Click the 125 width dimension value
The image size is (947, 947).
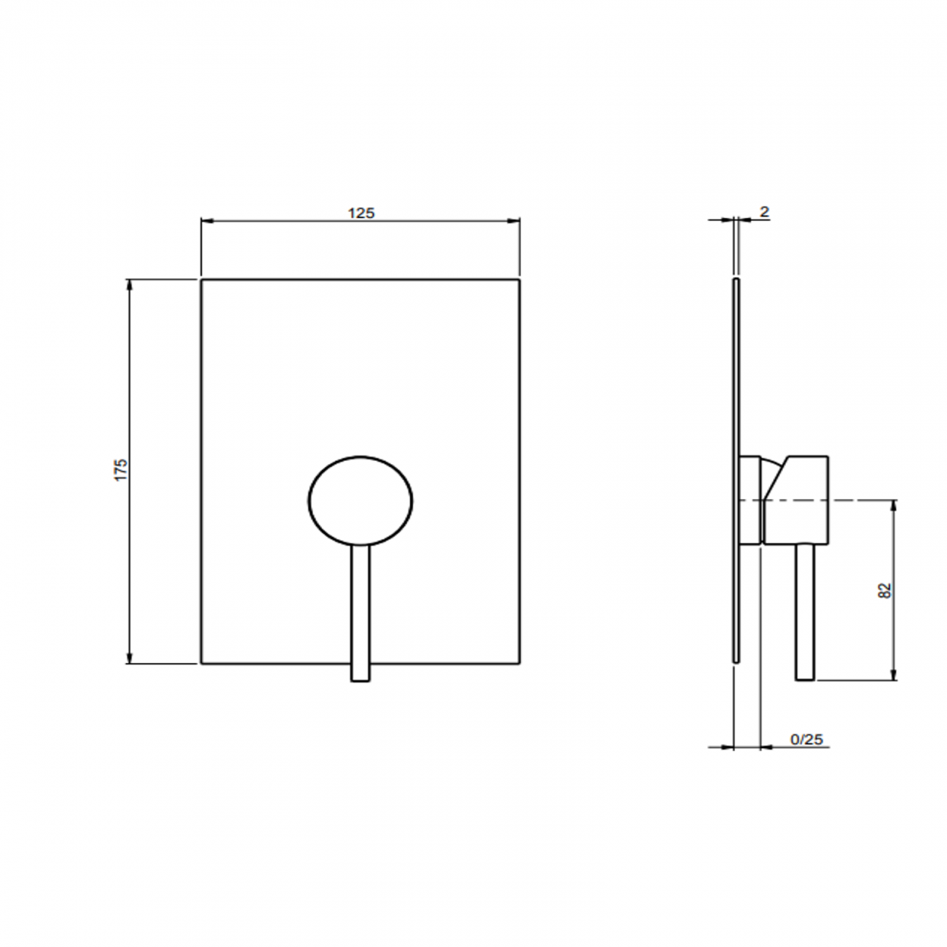[x=361, y=213]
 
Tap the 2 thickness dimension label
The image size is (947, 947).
[x=764, y=212]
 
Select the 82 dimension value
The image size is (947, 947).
[x=885, y=591]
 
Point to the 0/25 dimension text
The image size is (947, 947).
[x=806, y=739]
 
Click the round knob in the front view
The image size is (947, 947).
[x=361, y=501]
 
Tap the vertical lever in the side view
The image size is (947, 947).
[x=805, y=612]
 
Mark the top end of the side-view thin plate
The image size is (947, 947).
[x=736, y=280]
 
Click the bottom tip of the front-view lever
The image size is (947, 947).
[x=361, y=680]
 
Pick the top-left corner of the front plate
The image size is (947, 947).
[x=202, y=280]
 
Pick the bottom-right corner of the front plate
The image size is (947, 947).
[x=519, y=663]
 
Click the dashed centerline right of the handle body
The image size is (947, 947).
[x=860, y=500]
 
